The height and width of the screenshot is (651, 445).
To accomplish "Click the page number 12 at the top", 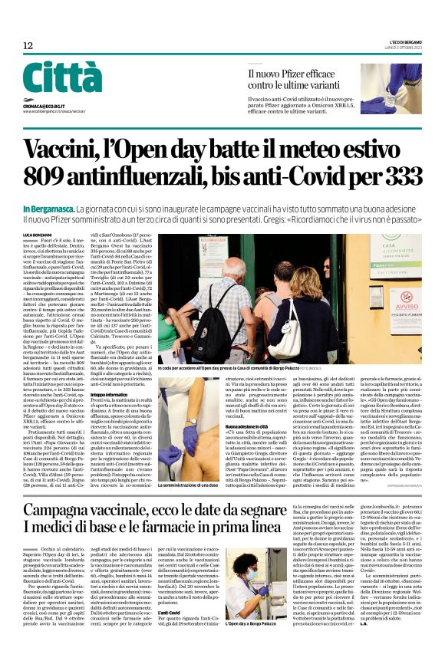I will point(28,47).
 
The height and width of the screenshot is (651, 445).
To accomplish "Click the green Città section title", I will point(62,79).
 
